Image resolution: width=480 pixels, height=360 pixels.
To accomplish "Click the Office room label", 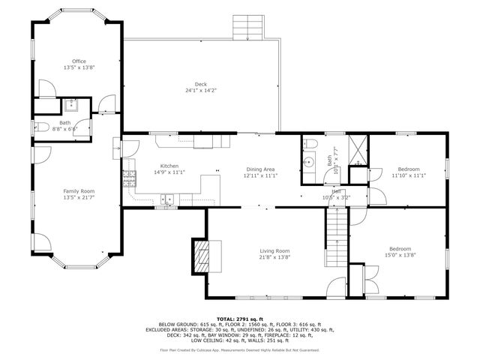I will click(79, 61).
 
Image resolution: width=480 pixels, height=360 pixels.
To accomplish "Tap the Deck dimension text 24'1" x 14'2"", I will click(200, 91).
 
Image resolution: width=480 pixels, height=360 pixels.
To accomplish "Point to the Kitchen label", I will click(169, 166).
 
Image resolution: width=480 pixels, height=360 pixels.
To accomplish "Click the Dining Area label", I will click(260, 169).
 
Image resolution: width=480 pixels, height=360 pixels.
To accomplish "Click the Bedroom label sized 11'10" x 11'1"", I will click(409, 169).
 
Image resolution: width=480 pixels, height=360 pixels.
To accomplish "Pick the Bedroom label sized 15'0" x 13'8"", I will click(400, 249).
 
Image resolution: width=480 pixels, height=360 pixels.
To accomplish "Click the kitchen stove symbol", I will click(130, 178).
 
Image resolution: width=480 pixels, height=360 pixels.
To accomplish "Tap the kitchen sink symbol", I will click(167, 199).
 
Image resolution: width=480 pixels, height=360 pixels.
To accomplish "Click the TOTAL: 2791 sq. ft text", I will click(239, 319).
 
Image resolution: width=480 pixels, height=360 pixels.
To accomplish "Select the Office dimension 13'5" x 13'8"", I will click(79, 67).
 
